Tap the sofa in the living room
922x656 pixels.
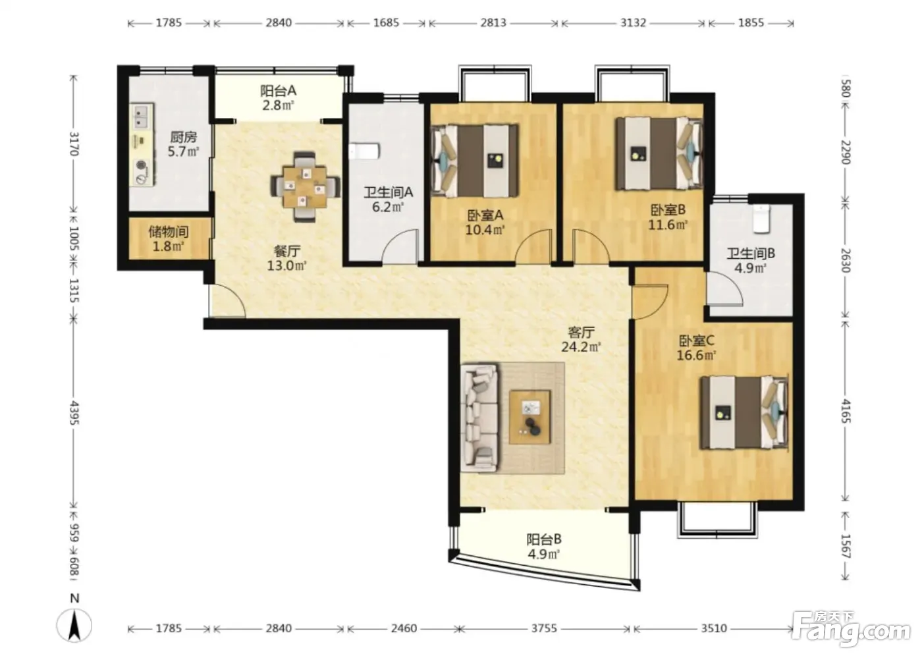(x=479, y=418)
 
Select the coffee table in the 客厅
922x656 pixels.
(x=529, y=416)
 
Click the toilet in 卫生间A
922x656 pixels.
(x=364, y=151)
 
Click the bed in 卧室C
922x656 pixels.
(x=744, y=412)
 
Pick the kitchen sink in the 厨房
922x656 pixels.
(x=142, y=117)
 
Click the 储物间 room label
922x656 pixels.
(x=169, y=232)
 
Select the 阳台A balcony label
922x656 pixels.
(x=278, y=90)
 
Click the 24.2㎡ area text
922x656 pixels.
(x=581, y=347)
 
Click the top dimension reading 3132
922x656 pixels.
(x=633, y=22)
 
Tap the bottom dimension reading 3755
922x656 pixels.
(x=544, y=628)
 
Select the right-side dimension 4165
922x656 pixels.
(x=846, y=411)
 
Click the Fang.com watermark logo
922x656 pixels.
(x=851, y=632)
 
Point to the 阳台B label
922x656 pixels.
(x=544, y=539)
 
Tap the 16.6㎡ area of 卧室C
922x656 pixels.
(x=697, y=355)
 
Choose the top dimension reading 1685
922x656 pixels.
(x=386, y=22)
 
